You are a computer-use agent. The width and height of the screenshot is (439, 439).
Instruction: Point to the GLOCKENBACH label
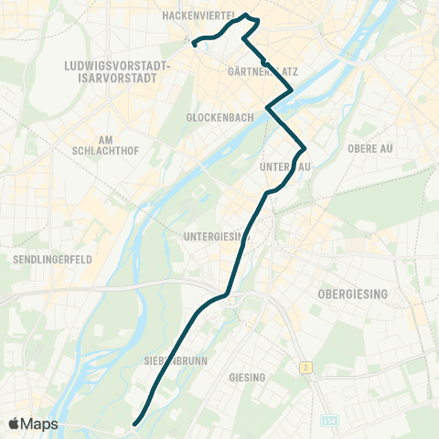pyautogui.click(x=213, y=118)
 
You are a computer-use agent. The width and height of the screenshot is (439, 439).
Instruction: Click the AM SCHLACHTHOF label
pyautogui.click(x=103, y=145)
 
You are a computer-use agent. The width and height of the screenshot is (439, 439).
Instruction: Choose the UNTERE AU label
pyautogui.click(x=286, y=166)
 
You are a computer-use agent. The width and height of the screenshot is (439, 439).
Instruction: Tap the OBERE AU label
pyautogui.click(x=369, y=147)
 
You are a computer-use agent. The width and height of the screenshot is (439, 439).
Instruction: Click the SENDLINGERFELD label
pyautogui.click(x=52, y=260)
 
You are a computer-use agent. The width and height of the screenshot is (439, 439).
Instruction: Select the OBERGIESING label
pyautogui.click(x=352, y=293)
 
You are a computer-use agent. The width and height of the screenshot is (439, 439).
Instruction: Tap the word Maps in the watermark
pyautogui.click(x=39, y=423)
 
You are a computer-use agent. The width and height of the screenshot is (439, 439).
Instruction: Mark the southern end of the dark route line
pyautogui.click(x=134, y=423)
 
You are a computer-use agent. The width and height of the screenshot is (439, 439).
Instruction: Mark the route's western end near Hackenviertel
pyautogui.click(x=194, y=42)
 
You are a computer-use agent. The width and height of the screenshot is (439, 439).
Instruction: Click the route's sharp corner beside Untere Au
pyautogui.click(x=303, y=148)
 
